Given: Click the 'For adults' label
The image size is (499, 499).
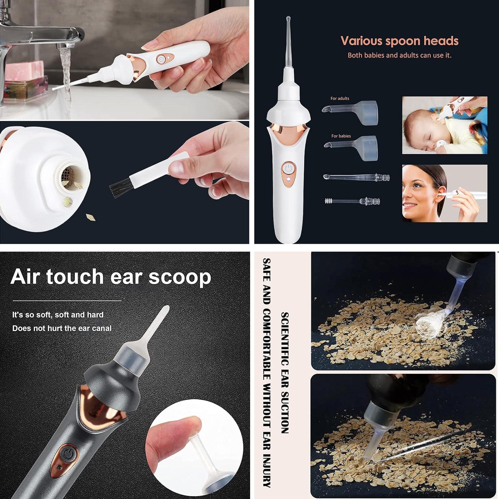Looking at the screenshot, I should (340, 98).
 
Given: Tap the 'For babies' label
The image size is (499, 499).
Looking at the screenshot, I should (341, 136).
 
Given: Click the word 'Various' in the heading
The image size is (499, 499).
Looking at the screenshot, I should (361, 41).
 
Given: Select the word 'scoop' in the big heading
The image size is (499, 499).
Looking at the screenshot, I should (180, 277).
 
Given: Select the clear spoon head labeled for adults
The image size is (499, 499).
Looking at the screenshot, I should (353, 109).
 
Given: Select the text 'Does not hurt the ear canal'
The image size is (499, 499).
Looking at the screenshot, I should (62, 328).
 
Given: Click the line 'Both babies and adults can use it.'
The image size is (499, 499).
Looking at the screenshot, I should (399, 55).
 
